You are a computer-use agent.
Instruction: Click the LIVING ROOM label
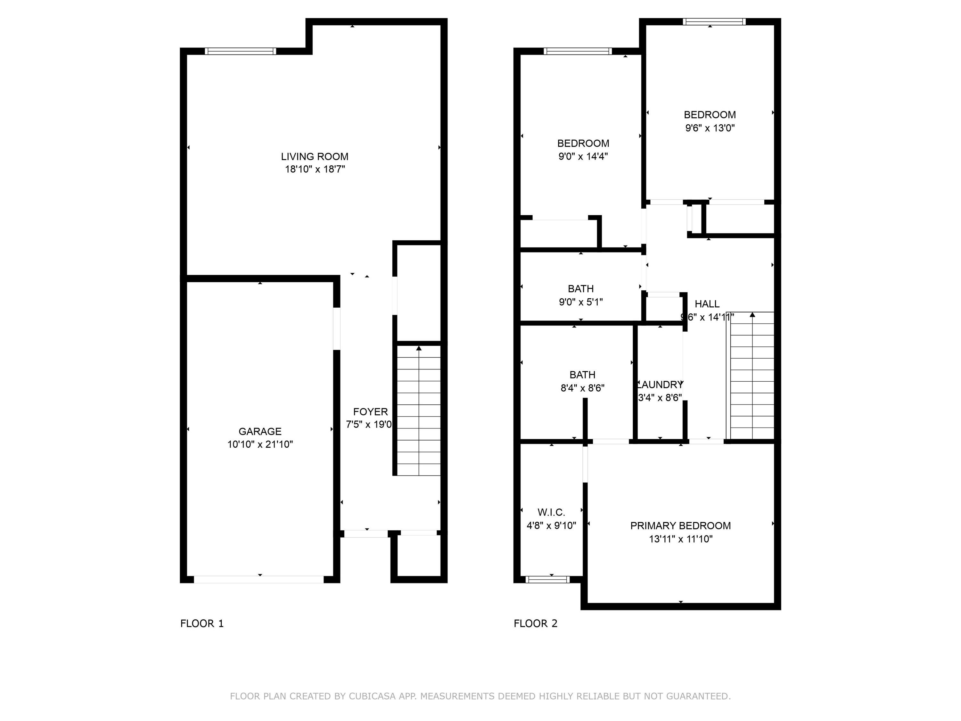coord(315,156)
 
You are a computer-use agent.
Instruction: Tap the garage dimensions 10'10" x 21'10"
coord(260,444)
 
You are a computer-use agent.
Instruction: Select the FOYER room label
coord(370,411)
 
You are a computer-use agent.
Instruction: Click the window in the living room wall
coord(240,51)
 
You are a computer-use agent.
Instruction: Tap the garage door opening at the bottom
coord(259,579)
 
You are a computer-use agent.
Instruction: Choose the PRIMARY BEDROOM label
coord(680,526)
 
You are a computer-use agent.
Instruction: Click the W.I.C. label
coord(551,512)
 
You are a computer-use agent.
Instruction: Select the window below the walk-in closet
coord(547,579)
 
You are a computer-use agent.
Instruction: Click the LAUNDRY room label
coord(660,385)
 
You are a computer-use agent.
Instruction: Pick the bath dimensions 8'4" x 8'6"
coord(582,388)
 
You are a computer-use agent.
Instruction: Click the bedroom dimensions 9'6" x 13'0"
coord(710,128)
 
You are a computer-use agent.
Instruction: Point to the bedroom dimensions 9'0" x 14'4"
coord(583,156)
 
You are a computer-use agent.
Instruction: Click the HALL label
coord(707,304)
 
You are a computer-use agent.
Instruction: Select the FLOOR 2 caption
coord(535,624)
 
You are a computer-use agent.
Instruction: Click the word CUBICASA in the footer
coord(372,696)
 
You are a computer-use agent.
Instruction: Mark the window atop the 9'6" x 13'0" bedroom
coord(714,22)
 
